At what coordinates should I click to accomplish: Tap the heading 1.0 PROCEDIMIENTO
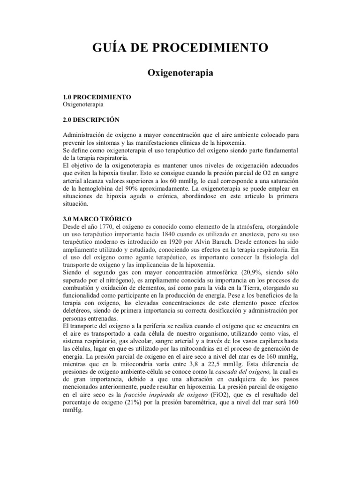pos(97,97)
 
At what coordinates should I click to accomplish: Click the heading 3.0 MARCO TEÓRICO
pos(97,218)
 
